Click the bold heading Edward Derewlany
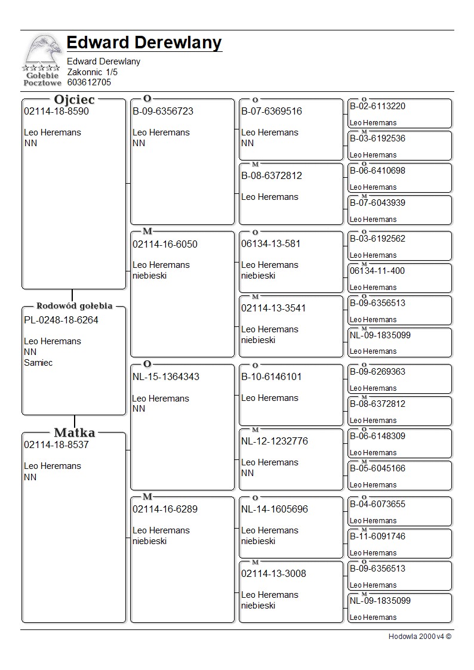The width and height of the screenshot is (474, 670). click(x=144, y=43)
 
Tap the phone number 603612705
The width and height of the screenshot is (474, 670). click(x=89, y=82)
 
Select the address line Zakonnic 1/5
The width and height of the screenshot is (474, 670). click(x=92, y=72)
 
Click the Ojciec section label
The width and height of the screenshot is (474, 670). click(x=74, y=100)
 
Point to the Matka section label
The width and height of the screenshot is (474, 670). click(x=74, y=433)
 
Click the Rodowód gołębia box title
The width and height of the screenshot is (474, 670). click(x=74, y=306)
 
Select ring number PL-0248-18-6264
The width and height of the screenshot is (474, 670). click(x=61, y=320)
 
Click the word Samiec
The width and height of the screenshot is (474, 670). click(x=38, y=363)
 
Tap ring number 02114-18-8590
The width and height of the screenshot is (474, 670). click(x=56, y=111)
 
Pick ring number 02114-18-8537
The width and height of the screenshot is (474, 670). click(x=56, y=444)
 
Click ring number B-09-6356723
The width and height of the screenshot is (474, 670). click(x=163, y=111)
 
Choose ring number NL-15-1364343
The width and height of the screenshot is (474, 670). click(x=166, y=377)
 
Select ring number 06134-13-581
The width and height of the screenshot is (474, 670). click(x=270, y=243)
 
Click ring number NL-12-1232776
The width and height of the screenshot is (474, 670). click(x=274, y=441)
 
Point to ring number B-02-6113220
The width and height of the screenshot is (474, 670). click(x=377, y=106)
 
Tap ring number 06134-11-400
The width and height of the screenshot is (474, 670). click(x=377, y=271)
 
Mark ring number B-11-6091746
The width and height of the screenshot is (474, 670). click(x=377, y=536)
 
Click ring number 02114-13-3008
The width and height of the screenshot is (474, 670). click(x=273, y=573)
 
